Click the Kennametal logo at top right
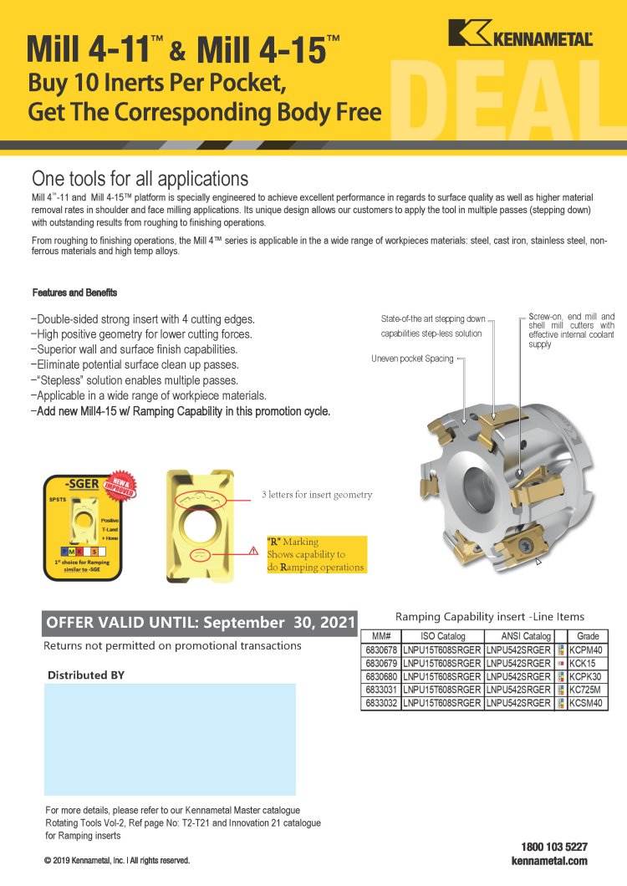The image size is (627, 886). pos(520,33)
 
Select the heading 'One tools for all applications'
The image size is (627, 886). pos(140,178)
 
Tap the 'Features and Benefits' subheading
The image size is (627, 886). pos(74,293)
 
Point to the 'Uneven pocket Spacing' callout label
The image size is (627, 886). pos(412,359)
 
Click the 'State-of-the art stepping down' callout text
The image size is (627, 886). pos(432,319)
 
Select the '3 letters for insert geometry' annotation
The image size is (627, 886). pos(317,494)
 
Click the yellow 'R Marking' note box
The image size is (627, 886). pos(316,554)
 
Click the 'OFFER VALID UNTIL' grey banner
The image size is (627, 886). pos(200,623)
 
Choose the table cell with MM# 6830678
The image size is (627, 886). pos(381,649)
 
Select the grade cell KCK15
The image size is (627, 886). pos(582,663)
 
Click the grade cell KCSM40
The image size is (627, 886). pos(585,703)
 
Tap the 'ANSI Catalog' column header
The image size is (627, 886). pos(519,636)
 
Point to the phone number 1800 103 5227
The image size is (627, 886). pos(554,847)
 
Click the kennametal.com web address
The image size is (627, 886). pos(549,861)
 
